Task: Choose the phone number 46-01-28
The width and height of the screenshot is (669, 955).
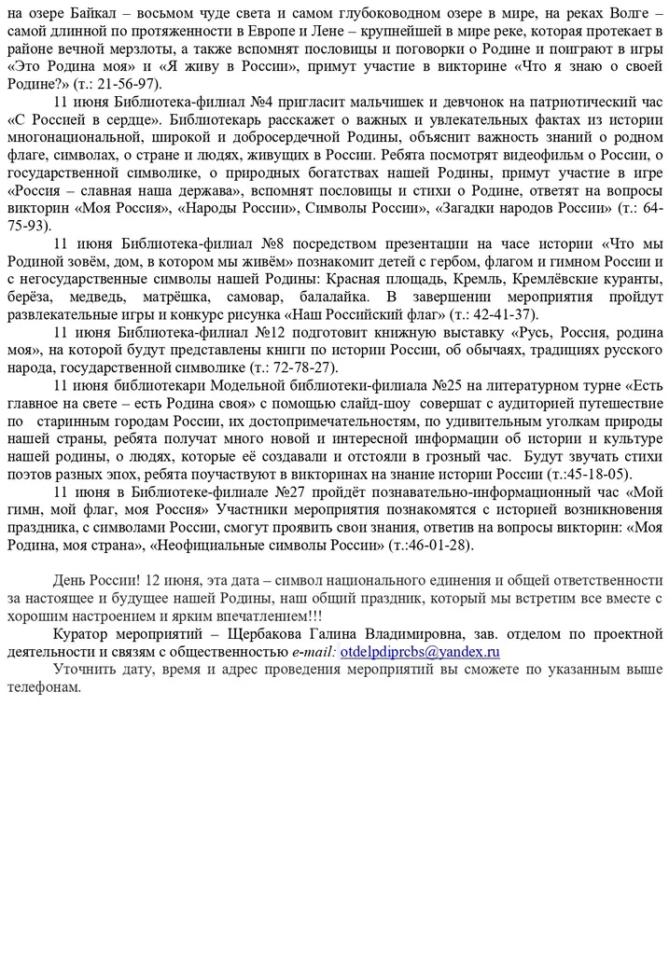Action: click(x=440, y=545)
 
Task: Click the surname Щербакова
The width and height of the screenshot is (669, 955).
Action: click(x=266, y=634)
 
